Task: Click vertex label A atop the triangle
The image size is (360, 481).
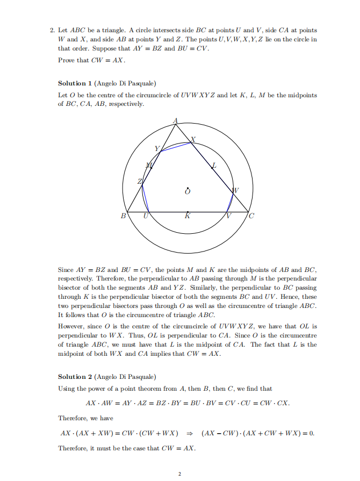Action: tap(175, 120)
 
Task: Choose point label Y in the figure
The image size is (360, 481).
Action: tap(157, 148)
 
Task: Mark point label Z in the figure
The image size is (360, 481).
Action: tap(141, 183)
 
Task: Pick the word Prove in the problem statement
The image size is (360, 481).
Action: tap(67, 60)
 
